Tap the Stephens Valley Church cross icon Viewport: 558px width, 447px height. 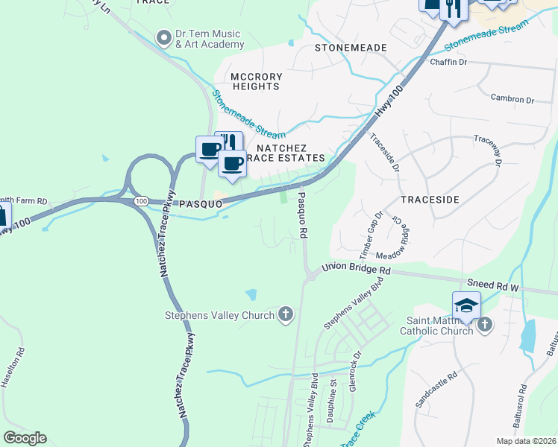(x=285, y=315)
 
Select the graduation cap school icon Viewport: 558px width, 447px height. (x=466, y=306)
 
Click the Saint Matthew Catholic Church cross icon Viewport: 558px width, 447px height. (x=485, y=324)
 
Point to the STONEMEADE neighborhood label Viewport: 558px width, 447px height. (x=351, y=48)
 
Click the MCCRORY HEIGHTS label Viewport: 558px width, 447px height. (x=255, y=81)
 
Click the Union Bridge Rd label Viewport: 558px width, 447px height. (x=357, y=269)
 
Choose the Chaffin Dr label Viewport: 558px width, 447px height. (x=448, y=62)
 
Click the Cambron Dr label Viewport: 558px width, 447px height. (x=512, y=99)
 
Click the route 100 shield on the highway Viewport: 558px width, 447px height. (x=140, y=201)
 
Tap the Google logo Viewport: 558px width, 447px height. (x=25, y=438)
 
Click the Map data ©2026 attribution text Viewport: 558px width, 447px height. (x=527, y=441)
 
